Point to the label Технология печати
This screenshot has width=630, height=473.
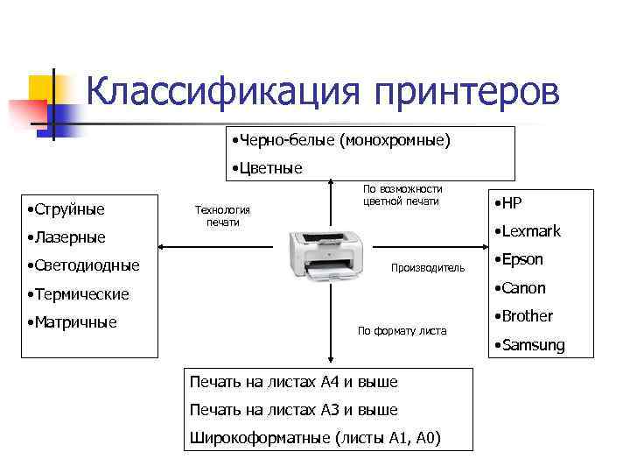222,215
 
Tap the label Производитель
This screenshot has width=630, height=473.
428,267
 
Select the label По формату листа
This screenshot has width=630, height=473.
402,331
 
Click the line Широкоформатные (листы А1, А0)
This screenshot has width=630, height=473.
316,438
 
